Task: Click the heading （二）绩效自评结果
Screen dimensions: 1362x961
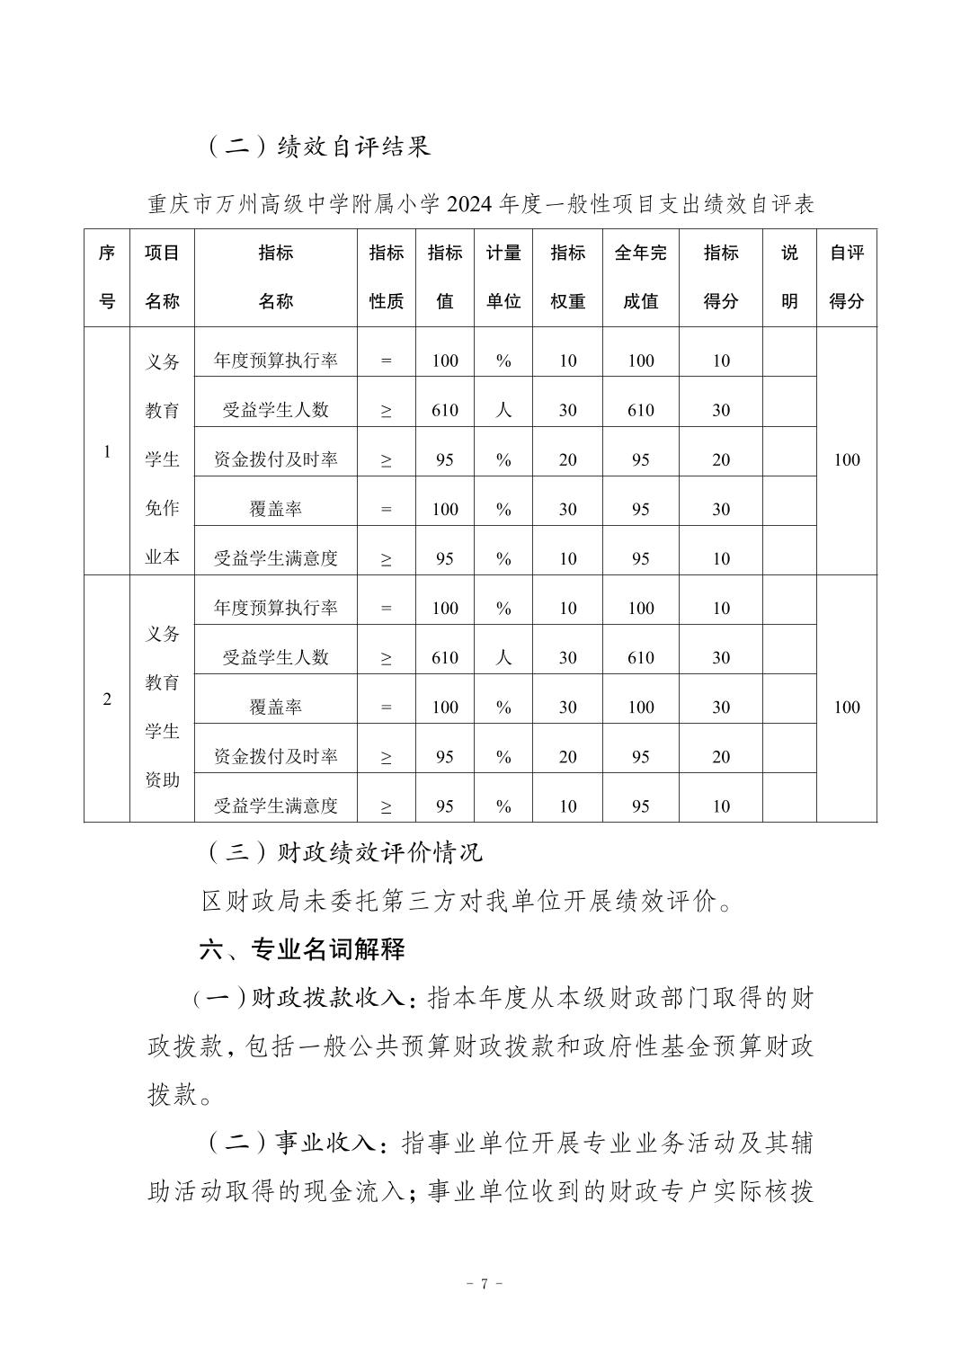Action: coord(319,146)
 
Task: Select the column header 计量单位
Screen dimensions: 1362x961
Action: coord(503,277)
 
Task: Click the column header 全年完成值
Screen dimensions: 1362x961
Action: coord(640,277)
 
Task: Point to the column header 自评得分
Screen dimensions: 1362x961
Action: coord(846,277)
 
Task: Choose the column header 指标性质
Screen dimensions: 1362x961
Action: coord(387,277)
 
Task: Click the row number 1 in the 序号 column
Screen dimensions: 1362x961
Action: coord(107,451)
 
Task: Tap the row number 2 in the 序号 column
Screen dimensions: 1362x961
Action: coord(107,699)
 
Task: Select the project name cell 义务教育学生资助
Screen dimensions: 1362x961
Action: coord(163,707)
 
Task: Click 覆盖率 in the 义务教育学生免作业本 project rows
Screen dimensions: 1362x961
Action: coord(275,509)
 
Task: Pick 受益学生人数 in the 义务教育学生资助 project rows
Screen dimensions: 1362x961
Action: coord(275,657)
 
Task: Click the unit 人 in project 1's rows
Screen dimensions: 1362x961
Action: coord(503,410)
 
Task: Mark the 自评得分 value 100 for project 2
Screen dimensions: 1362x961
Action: coord(847,707)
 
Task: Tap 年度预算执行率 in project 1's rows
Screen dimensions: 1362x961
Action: coord(275,361)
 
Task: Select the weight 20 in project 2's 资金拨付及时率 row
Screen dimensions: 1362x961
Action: coord(567,756)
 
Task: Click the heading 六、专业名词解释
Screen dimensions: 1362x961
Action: coord(302,948)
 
